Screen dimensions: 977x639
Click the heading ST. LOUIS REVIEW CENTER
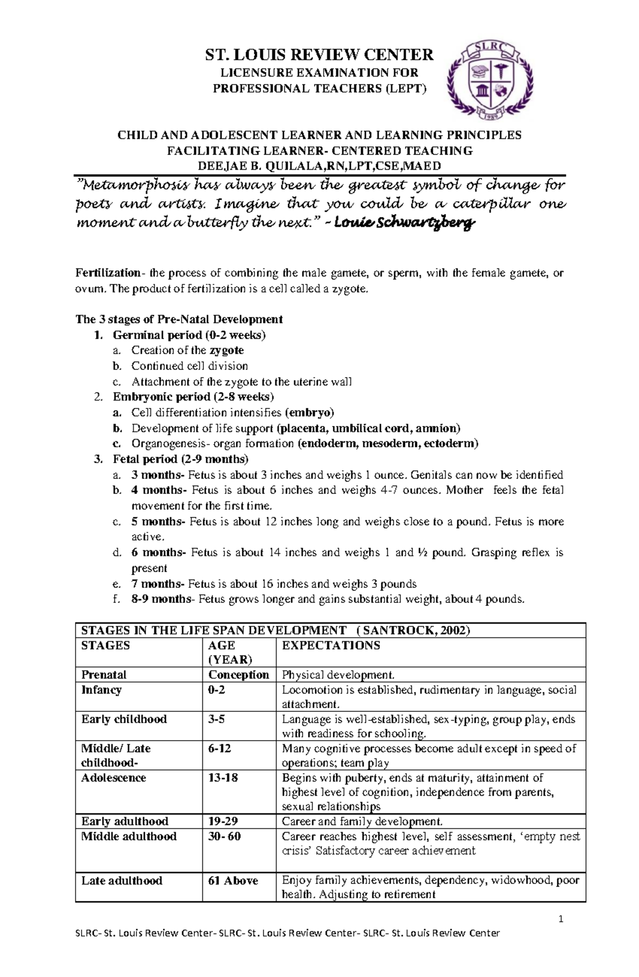point(319,54)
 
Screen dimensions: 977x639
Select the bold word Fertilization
point(108,273)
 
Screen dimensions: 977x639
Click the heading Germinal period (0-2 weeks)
point(189,335)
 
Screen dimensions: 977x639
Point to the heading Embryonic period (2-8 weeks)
point(193,397)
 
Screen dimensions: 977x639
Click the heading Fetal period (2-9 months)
point(181,459)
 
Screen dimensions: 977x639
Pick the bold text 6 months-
point(159,553)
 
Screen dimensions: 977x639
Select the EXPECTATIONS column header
point(331,646)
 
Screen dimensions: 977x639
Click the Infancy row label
point(101,690)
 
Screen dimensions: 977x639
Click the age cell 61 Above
point(233,881)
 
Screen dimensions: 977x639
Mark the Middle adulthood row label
point(128,836)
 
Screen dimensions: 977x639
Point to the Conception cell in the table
point(239,675)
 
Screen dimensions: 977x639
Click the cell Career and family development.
point(362,822)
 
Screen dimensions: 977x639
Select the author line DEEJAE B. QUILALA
point(319,166)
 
